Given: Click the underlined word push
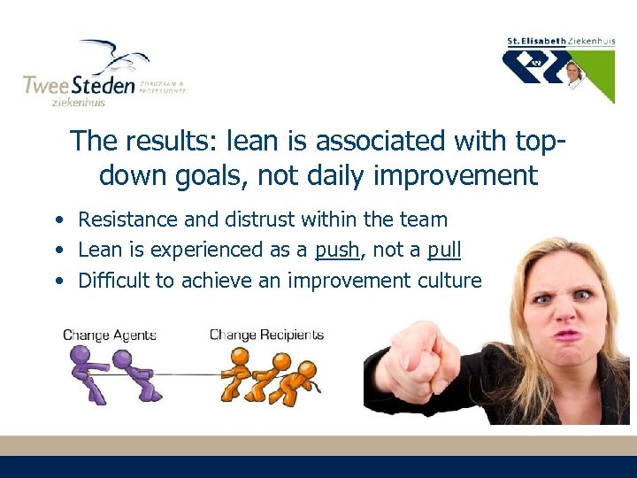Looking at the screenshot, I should [337, 251].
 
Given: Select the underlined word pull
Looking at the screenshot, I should [443, 251].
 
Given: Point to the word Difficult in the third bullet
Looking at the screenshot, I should [112, 281].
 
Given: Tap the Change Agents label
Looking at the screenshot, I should [110, 335].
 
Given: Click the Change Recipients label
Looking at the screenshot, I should [266, 335].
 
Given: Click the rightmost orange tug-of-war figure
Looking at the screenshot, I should [305, 375].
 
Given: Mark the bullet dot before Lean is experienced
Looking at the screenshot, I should [58, 251].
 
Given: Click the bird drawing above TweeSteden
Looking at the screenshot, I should [113, 57].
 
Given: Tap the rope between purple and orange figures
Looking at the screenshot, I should [181, 373].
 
